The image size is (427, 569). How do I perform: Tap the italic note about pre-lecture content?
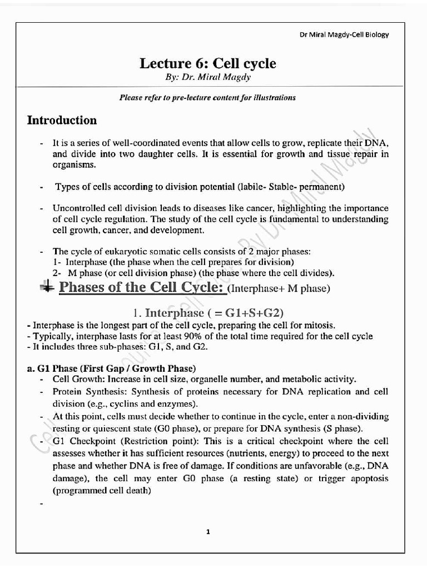(x=207, y=97)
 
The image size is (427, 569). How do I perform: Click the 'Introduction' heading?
(x=62, y=120)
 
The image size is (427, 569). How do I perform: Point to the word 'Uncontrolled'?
(x=76, y=208)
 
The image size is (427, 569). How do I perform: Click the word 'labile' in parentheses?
(x=249, y=186)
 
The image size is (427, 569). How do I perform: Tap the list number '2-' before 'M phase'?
(x=57, y=272)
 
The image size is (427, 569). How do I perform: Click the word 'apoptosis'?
(x=368, y=478)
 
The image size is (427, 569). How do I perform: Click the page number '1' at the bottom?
(x=208, y=532)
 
